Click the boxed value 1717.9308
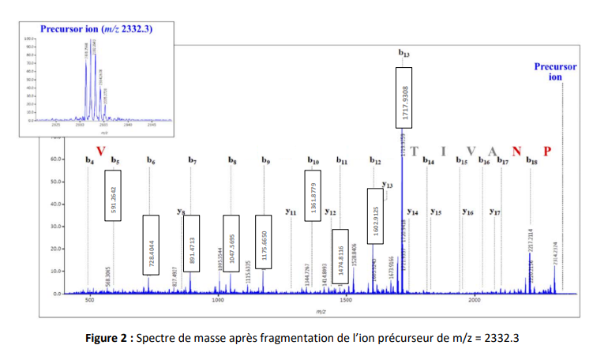coord(403,96)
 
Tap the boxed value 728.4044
coord(152,245)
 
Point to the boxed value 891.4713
coord(191,244)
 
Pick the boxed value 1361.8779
coord(313,195)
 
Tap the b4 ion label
coord(89,161)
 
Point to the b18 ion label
coord(532,161)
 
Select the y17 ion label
coord(495,212)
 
